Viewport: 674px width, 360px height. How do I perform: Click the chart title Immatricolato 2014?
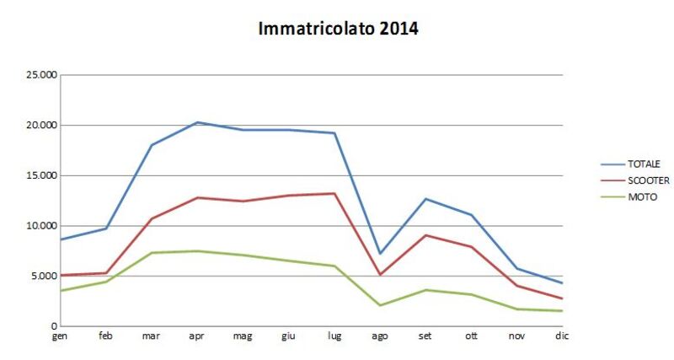click(x=337, y=29)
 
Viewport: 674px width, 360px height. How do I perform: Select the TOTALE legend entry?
click(x=643, y=164)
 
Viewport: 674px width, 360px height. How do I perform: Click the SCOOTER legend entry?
click(x=647, y=180)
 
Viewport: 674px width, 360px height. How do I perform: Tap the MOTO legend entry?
click(x=641, y=197)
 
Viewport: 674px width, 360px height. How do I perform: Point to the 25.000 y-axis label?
click(x=42, y=75)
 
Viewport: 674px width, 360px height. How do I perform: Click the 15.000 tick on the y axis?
click(x=42, y=175)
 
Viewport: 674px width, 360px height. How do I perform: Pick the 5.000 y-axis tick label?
click(x=45, y=276)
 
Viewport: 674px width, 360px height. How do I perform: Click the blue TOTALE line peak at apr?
click(x=197, y=122)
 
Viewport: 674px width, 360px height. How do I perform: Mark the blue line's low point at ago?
click(x=380, y=254)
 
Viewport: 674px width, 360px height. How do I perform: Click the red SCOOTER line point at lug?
click(x=334, y=194)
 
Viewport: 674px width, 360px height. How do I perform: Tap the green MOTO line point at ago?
click(x=380, y=305)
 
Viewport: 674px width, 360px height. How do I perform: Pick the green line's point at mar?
click(x=152, y=253)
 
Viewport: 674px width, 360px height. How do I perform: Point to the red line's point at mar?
click(x=152, y=218)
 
